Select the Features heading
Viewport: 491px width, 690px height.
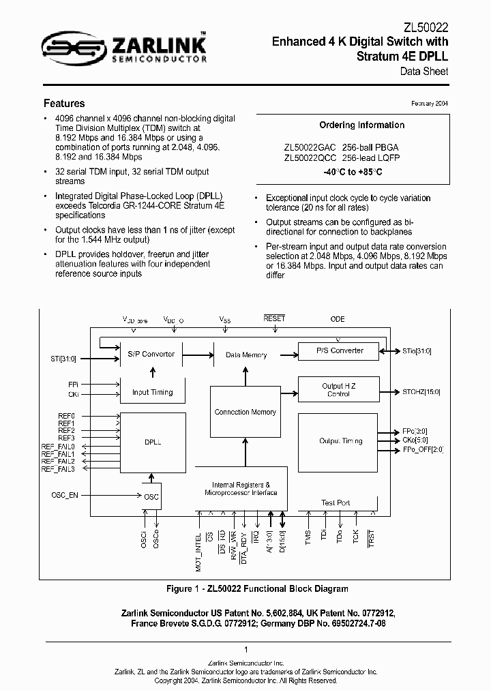(64, 104)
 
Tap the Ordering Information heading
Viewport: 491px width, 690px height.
(361, 125)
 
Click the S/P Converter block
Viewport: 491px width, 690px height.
(151, 354)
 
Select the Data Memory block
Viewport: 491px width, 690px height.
(245, 355)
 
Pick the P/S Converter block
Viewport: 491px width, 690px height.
(340, 350)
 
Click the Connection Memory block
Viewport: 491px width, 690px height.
(245, 412)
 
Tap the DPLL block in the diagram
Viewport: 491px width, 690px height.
(153, 442)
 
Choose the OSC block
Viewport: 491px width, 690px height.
(151, 496)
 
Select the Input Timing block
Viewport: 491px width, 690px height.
(153, 392)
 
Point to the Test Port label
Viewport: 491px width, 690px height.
(336, 502)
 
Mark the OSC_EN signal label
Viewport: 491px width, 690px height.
(65, 495)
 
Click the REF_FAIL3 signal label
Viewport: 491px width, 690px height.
(59, 469)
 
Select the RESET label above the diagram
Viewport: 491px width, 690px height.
(274, 318)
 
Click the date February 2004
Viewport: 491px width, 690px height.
(429, 103)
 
